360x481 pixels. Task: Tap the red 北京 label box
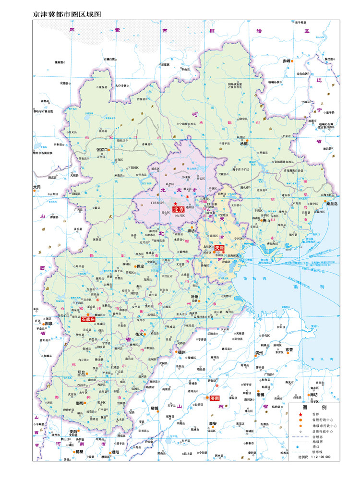[x=178, y=209]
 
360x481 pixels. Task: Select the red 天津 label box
[x=219, y=248]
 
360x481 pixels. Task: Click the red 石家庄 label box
[x=88, y=319]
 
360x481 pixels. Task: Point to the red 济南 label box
[x=214, y=398]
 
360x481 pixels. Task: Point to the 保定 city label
[x=140, y=266]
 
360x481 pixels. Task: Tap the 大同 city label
[x=37, y=187]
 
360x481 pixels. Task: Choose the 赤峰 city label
[x=287, y=61]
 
